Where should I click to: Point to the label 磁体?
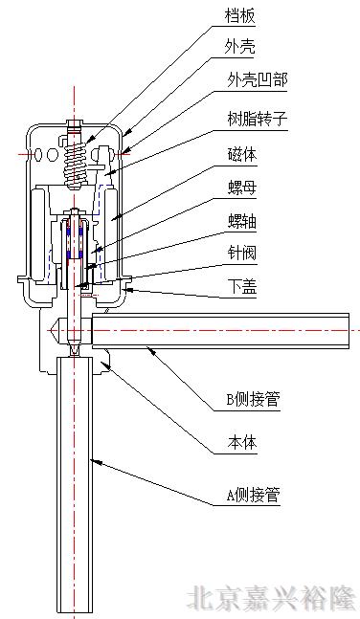[243, 154]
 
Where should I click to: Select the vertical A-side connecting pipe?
[74, 478]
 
